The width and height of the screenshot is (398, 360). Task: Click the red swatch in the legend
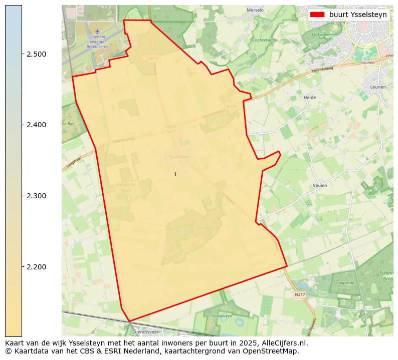318,15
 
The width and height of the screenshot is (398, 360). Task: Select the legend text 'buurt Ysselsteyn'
358,15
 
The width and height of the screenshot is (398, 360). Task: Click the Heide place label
310,98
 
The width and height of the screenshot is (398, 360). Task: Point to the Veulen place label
320,185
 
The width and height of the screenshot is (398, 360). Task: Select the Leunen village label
377,87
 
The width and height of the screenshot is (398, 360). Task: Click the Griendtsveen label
145,332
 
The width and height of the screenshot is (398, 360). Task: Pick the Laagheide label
346,283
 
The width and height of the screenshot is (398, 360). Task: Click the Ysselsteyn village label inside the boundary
179,157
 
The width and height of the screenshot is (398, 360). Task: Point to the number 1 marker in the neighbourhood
175,175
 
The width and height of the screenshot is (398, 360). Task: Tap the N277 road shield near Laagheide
299,295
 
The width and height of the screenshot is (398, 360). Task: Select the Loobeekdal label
263,40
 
